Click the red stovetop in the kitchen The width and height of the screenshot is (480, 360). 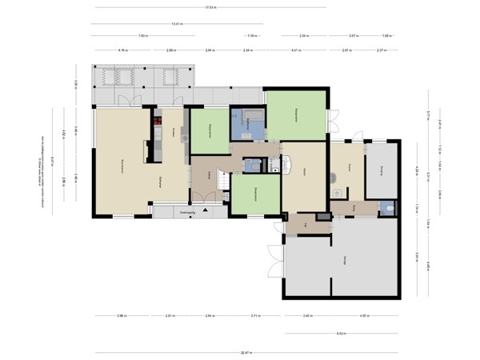pos(158,122)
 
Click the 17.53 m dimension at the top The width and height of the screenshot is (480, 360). pos(210,8)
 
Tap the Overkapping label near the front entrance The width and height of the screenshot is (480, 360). pos(189,211)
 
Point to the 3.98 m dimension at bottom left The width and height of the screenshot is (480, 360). pos(121,315)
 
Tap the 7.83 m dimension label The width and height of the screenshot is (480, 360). pos(142,36)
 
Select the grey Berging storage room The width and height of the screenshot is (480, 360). pos(382,170)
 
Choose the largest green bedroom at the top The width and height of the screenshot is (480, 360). pos(296,114)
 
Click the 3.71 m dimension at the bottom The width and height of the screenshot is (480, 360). pos(254,315)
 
